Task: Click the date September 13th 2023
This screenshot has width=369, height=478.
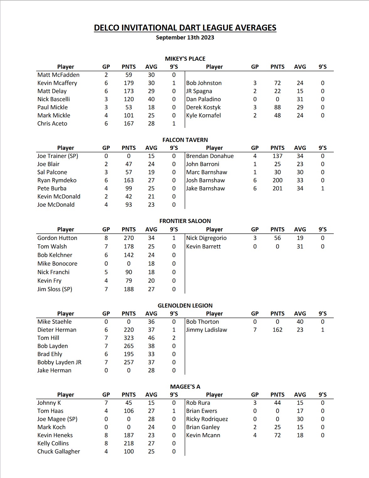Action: pyautogui.click(x=185, y=37)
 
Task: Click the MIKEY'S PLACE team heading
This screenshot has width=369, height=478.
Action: pyautogui.click(x=185, y=59)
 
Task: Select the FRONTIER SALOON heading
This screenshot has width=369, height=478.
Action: pyautogui.click(x=185, y=221)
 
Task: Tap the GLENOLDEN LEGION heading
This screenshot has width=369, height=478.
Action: pyautogui.click(x=185, y=306)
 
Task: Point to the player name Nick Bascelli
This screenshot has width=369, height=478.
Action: pyautogui.click(x=54, y=99)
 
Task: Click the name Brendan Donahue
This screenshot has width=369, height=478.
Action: pyautogui.click(x=210, y=156)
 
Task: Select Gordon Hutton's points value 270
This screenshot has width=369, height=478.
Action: pyautogui.click(x=129, y=238)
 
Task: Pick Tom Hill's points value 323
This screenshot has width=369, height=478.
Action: pyautogui.click(x=129, y=338)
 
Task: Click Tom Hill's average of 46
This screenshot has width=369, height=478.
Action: pyautogui.click(x=151, y=338)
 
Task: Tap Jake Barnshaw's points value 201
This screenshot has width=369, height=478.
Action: pyautogui.click(x=277, y=188)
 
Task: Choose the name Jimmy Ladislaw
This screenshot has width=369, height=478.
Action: pyautogui.click(x=206, y=330)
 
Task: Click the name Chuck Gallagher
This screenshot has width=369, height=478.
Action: pyautogui.click(x=59, y=451)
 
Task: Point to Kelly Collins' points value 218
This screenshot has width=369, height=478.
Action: pyautogui.click(x=129, y=443)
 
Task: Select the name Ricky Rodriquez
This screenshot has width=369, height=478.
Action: pyautogui.click(x=207, y=419)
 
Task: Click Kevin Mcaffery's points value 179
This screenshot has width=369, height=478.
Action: pyautogui.click(x=129, y=83)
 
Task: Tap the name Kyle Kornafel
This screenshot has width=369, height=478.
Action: pyautogui.click(x=203, y=115)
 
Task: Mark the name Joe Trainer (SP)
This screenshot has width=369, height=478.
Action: pyautogui.click(x=58, y=156)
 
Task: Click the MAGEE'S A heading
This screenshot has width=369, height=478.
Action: pyautogui.click(x=185, y=387)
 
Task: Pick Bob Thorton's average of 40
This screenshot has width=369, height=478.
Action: pyautogui.click(x=300, y=322)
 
